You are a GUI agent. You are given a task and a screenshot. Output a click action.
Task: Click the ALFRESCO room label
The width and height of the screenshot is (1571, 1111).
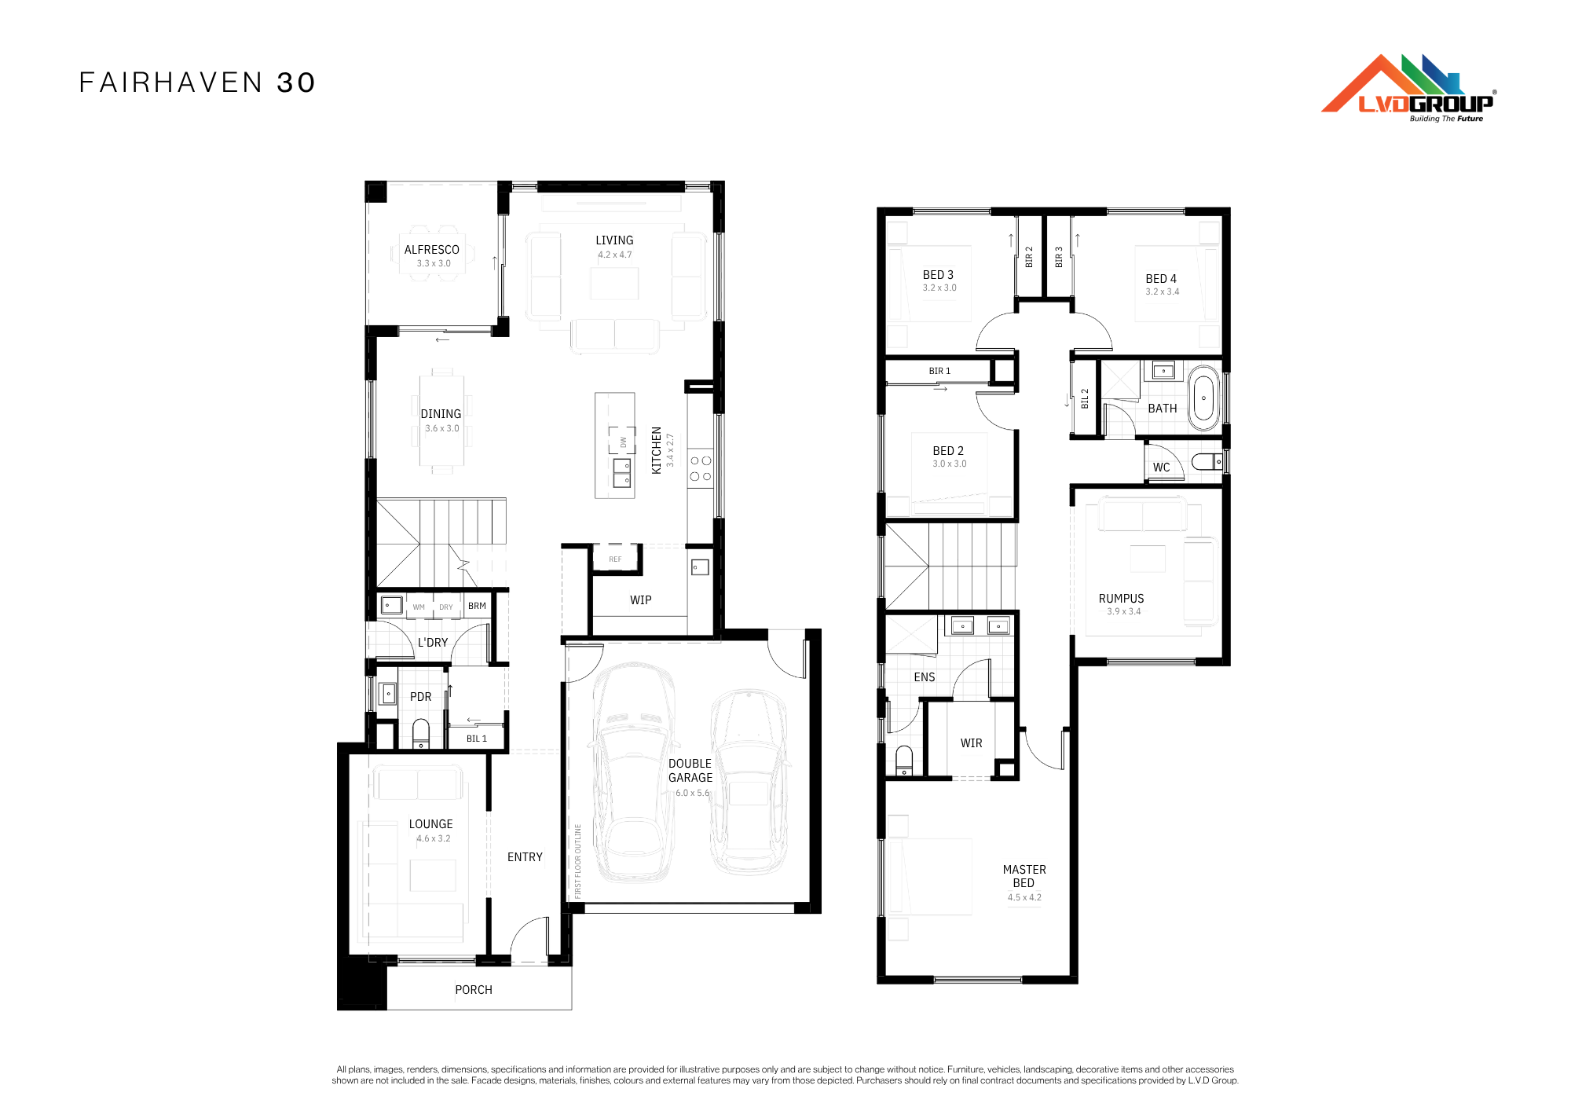[x=432, y=250]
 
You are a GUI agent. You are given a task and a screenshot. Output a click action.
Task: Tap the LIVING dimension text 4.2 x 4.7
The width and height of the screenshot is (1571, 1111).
[x=615, y=255]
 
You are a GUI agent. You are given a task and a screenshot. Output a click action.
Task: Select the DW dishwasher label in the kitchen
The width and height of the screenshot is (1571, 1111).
[x=624, y=442]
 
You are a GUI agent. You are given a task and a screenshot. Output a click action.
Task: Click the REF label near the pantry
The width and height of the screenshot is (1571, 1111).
[x=615, y=559]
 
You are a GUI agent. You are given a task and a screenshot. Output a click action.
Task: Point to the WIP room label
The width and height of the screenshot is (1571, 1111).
[x=641, y=600]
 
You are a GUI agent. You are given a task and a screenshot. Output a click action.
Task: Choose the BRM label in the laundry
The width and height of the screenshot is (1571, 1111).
[x=477, y=606]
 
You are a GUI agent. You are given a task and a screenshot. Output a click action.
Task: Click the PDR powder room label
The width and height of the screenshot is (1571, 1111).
[x=421, y=697]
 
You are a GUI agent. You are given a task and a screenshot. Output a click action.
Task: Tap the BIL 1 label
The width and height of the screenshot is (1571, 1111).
[x=477, y=739]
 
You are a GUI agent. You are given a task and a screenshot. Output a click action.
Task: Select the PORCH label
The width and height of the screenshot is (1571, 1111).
[x=474, y=990]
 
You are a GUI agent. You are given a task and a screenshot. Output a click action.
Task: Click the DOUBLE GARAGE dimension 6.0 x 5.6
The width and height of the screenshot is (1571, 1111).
[x=693, y=793]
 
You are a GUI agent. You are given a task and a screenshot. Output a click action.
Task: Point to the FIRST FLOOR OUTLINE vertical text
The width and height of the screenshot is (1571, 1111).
[x=578, y=861]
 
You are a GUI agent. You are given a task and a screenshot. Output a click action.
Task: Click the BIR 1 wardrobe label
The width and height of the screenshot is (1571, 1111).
[x=939, y=371]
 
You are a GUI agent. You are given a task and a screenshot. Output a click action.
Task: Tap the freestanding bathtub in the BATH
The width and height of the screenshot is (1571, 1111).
[x=1203, y=398]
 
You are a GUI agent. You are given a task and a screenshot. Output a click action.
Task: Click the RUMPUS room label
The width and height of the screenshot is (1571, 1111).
[x=1122, y=599]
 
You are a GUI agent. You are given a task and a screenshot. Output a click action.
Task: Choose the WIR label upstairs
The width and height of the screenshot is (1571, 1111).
[x=972, y=743]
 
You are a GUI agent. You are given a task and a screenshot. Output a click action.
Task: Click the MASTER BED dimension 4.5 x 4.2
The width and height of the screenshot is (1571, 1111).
[x=1025, y=897]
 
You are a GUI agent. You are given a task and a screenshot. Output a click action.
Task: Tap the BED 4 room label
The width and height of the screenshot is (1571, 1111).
[x=1161, y=279]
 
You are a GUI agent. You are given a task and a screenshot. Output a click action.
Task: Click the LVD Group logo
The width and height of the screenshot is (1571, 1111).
[x=1408, y=88]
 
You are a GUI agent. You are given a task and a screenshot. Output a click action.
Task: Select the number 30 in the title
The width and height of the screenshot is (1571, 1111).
[x=296, y=82]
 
